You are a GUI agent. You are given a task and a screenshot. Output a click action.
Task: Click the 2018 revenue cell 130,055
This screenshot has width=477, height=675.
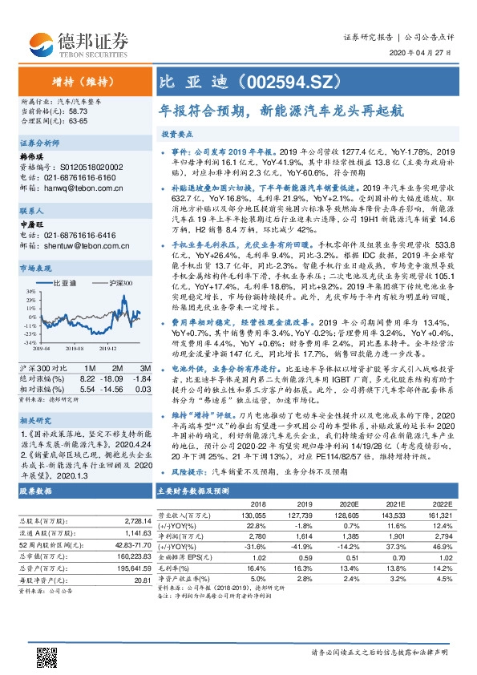pyautogui.click(x=249, y=513)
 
